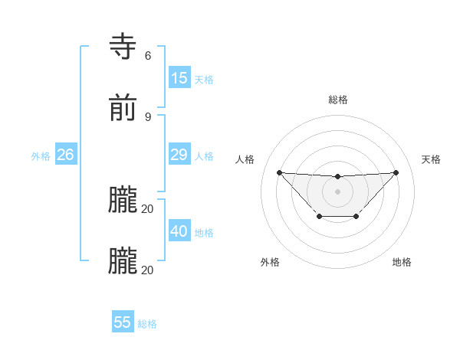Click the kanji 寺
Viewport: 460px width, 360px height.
(x=124, y=47)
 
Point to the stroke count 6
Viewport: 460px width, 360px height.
(x=148, y=55)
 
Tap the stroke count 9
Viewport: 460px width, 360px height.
(x=148, y=116)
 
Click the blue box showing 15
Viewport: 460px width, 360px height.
(x=179, y=78)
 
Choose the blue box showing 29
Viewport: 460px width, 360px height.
(x=179, y=155)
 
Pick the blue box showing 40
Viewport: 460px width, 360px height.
(x=179, y=231)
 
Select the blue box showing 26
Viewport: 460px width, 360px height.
(x=66, y=155)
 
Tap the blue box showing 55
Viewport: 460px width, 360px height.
(x=123, y=322)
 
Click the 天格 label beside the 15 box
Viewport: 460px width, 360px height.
(x=204, y=80)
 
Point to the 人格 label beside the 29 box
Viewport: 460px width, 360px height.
(x=204, y=156)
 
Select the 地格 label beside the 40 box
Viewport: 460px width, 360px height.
(x=204, y=233)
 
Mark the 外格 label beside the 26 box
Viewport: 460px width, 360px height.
(x=41, y=156)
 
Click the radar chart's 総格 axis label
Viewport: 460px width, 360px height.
(x=338, y=100)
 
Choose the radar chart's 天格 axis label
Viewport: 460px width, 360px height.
(x=431, y=159)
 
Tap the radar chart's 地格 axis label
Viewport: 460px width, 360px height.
(x=402, y=262)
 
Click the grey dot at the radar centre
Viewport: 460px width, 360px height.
(x=337, y=191)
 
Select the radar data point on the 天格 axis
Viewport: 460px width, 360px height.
(x=396, y=172)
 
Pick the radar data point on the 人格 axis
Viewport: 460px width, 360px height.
(x=279, y=172)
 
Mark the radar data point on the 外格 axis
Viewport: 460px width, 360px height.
(x=319, y=217)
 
